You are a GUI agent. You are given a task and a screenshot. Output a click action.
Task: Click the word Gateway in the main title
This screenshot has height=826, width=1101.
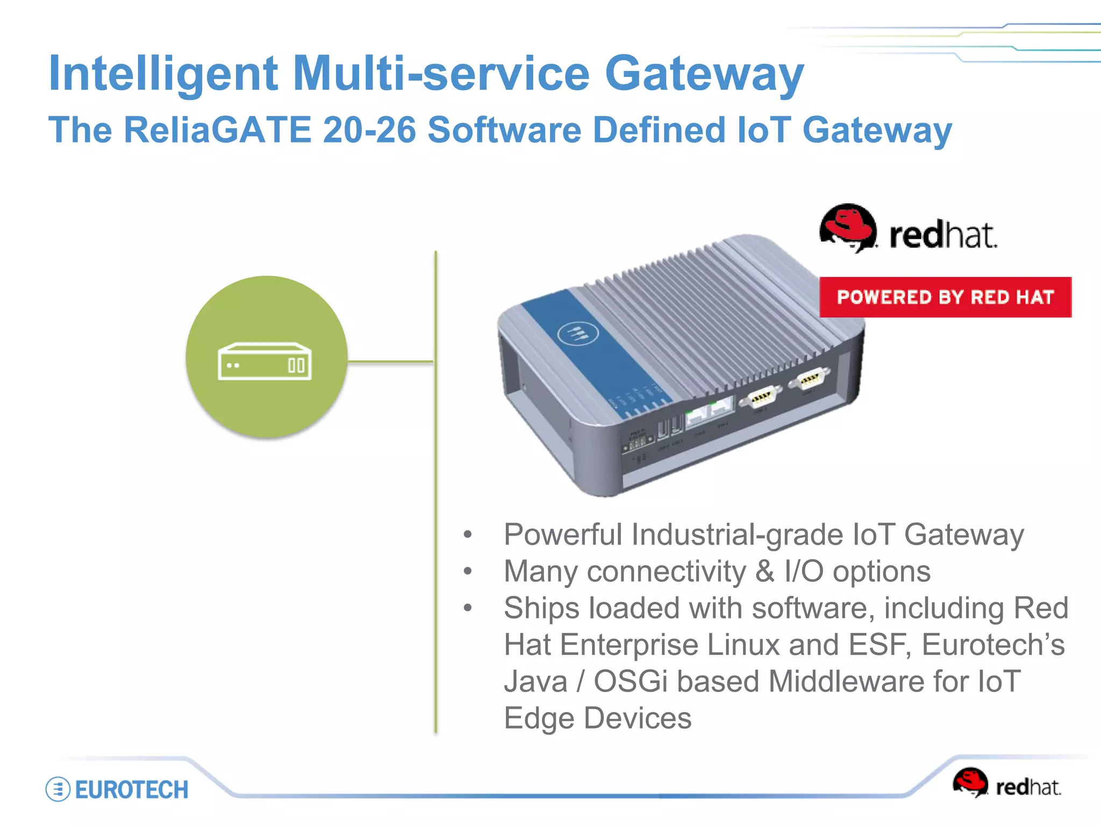pos(704,74)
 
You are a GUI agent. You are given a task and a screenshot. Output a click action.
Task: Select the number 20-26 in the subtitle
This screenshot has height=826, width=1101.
pos(369,130)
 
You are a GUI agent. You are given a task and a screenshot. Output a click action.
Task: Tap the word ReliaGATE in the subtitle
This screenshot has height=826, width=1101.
pos(218,130)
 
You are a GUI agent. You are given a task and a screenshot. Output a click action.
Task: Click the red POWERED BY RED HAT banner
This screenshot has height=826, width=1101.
pos(945,297)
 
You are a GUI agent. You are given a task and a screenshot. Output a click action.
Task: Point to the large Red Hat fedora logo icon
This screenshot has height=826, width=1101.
pos(848,227)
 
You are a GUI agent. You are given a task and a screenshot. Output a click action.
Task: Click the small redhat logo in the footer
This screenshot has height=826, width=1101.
pos(1006,784)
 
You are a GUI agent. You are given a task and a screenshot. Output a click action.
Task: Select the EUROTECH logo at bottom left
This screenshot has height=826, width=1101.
pos(117,789)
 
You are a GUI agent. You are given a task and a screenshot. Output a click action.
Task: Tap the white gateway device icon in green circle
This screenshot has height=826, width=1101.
pos(264,361)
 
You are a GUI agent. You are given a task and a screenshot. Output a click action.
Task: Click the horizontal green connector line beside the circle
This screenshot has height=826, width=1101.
pos(390,361)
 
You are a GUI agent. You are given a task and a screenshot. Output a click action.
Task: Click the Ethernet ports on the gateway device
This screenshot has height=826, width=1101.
pos(710,411)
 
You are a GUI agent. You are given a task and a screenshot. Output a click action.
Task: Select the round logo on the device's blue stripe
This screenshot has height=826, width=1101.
pos(577,334)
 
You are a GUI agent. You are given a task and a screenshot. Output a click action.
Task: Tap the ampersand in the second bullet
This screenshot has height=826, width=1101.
pos(764,571)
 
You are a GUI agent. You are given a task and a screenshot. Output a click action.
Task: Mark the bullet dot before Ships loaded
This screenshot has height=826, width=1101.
pos(468,608)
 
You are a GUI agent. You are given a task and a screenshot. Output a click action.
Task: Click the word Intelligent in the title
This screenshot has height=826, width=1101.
pos(163,74)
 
